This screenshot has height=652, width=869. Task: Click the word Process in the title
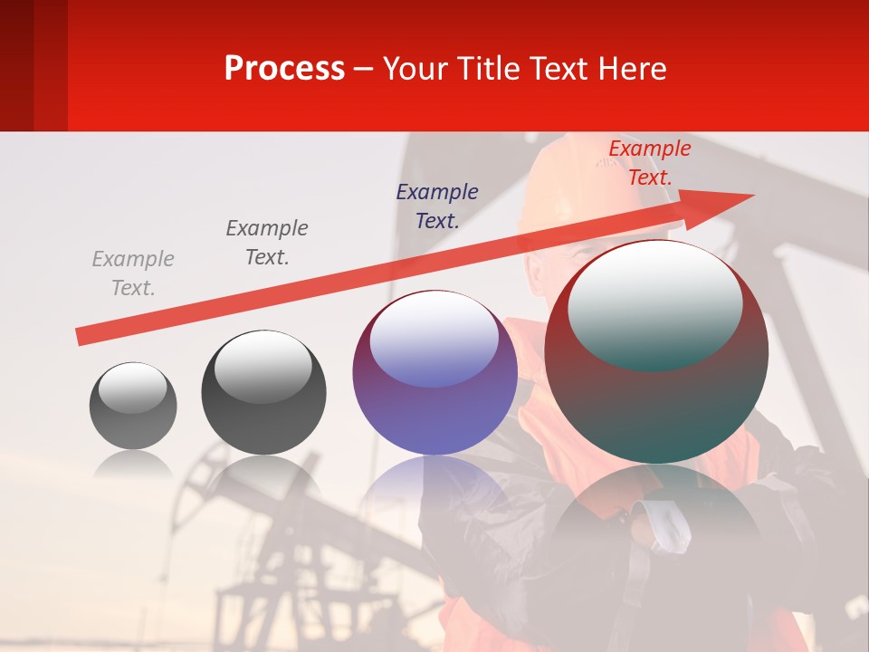(284, 68)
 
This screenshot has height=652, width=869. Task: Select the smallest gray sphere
(133, 406)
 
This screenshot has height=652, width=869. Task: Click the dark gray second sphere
(263, 393)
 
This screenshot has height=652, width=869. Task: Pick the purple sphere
(434, 373)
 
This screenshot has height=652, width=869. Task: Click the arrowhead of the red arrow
(724, 203)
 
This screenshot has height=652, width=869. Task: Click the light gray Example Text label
(133, 273)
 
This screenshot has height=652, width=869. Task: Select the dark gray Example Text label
(267, 243)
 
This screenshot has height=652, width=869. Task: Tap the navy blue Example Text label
(437, 206)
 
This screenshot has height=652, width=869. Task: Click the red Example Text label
(650, 163)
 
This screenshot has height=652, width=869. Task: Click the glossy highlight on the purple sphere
(434, 337)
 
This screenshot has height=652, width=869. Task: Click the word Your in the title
(415, 69)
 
